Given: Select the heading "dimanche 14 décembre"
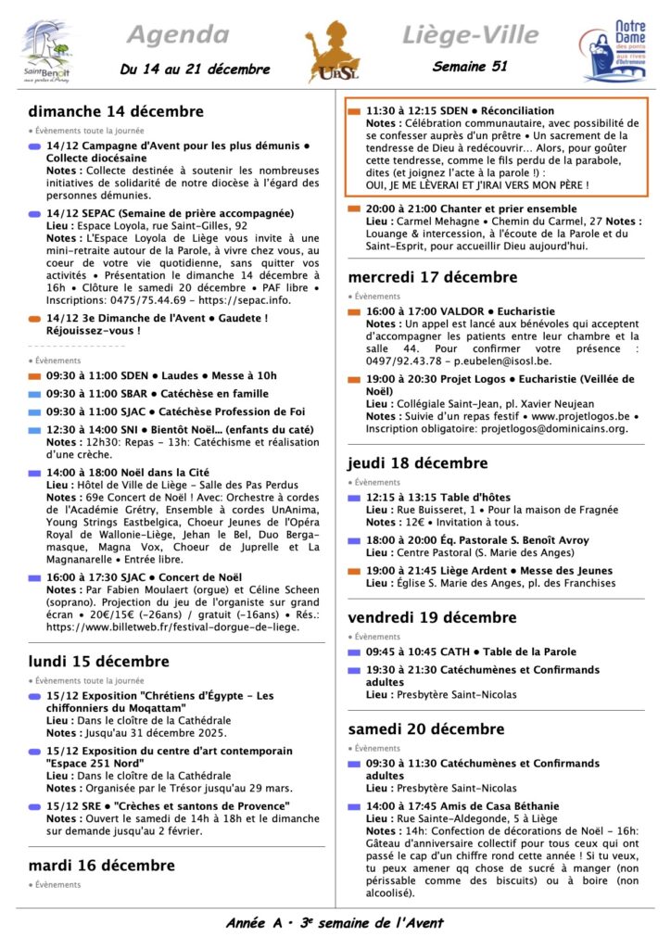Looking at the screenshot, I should (x=116, y=111).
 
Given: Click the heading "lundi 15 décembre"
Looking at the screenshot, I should (x=98, y=662).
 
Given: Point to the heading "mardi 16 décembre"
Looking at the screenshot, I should (x=101, y=866).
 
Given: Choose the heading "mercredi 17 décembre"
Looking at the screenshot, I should (x=433, y=277).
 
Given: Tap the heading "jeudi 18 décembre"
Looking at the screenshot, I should (x=418, y=463).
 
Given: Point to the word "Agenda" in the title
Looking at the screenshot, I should (x=176, y=35).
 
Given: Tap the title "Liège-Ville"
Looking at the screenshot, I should (x=470, y=35).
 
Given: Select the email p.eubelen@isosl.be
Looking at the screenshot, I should (x=506, y=361).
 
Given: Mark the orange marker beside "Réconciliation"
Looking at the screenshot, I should (x=353, y=111).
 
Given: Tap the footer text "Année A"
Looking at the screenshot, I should (x=254, y=923).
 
